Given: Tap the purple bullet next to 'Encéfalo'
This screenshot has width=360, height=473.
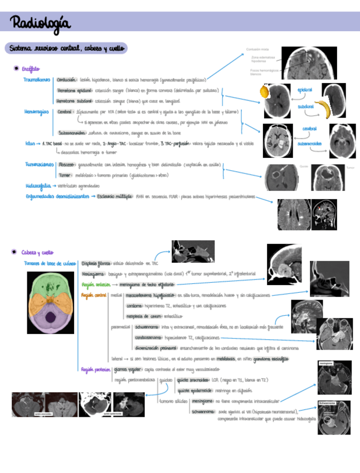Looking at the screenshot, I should (16, 69).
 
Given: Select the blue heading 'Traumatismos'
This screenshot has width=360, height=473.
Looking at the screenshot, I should (37, 80).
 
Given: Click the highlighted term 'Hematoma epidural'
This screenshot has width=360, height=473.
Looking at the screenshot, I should (74, 90).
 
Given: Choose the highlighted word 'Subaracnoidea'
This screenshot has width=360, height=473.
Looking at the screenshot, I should (72, 133).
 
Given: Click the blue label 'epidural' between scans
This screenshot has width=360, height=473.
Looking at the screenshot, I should (304, 90).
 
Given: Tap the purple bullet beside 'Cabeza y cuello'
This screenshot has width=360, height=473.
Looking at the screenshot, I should (16, 252).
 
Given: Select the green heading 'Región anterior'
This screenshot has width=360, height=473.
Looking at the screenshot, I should (95, 284).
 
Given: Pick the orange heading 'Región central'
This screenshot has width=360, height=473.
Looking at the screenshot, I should (93, 295).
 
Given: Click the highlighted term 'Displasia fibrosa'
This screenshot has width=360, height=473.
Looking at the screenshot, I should (96, 263).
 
